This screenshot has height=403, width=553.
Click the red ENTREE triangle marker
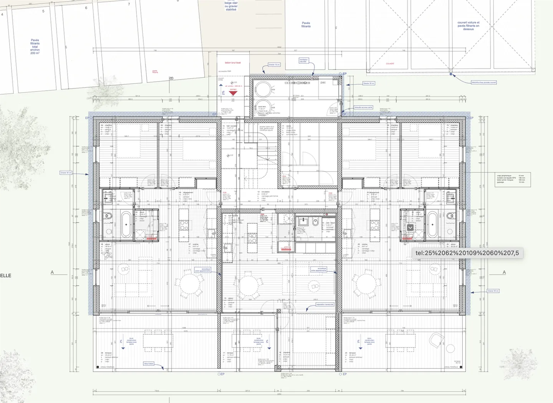pyautogui.click(x=233, y=93)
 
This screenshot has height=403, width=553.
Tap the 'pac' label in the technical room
pyautogui.click(x=323, y=83)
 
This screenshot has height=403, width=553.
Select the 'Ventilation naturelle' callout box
pyautogui.click(x=303, y=60)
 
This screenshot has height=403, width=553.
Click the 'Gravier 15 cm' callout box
pyautogui.click(x=274, y=65)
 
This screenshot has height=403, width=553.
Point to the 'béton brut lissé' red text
pyautogui.click(x=233, y=63)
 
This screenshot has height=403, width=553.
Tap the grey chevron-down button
pyautogui.click(x=410, y=227)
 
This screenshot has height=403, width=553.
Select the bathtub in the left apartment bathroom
pyautogui.click(x=126, y=224)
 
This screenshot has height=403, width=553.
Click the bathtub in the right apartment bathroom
pyautogui.click(x=432, y=224)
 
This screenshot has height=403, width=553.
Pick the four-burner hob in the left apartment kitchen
pyautogui.click(x=184, y=225)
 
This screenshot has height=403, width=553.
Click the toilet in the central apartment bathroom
pyautogui.click(x=315, y=222)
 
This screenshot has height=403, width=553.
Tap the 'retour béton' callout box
pyautogui.click(x=149, y=363)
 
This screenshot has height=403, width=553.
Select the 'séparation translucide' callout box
pyautogui.click(x=325, y=304)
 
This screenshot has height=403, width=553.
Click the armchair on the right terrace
pyautogui.click(x=437, y=340)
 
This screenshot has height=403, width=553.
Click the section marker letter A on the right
pyautogui.click(x=504, y=272)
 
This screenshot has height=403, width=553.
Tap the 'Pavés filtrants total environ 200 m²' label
pyautogui.click(x=35, y=46)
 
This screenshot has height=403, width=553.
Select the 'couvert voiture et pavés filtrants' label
pyautogui.click(x=468, y=26)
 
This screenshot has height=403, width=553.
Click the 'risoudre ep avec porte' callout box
pyautogui.click(x=363, y=107)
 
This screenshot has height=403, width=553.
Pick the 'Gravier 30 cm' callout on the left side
pyautogui.click(x=66, y=173)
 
